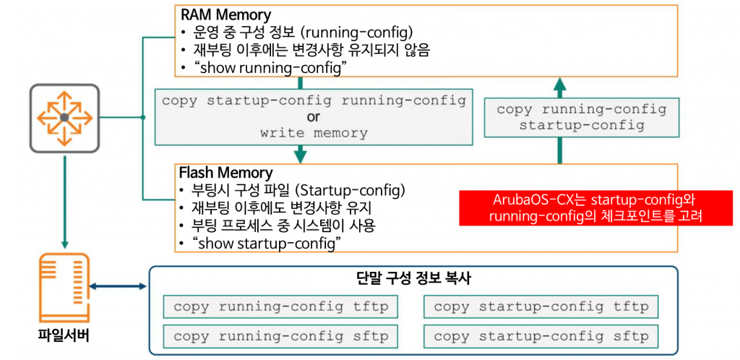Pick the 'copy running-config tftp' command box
tap(281, 307)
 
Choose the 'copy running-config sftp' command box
tap(281, 336)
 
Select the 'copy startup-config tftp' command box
tap(541, 307)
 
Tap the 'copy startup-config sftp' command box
tap(541, 336)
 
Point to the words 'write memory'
tap(314, 133)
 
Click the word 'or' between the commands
tap(314, 116)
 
